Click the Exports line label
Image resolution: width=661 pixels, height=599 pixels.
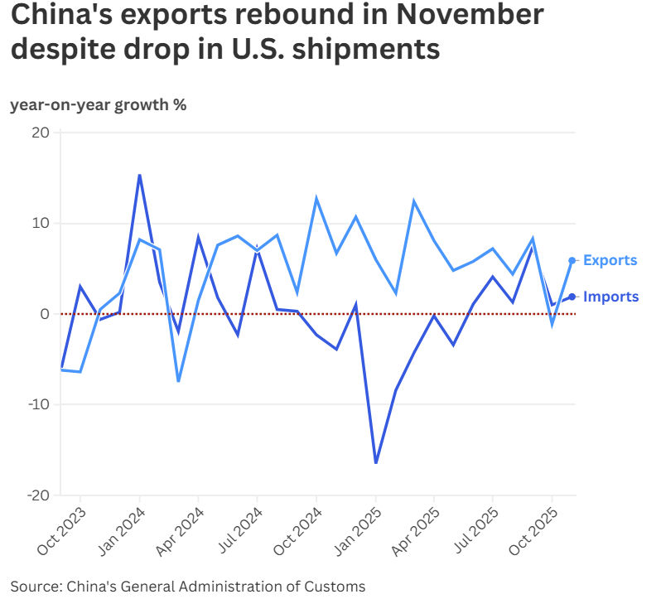610,260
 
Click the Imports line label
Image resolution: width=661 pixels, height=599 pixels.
610,297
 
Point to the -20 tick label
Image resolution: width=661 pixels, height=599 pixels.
39,495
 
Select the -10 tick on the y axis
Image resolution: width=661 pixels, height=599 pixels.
39,404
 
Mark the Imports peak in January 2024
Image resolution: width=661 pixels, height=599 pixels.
139,175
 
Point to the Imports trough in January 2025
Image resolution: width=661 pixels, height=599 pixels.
376,462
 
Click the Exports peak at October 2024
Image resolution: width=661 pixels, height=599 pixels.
316,198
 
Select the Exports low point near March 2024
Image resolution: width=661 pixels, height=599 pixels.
178,381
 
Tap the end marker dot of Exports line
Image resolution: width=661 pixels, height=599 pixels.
572,260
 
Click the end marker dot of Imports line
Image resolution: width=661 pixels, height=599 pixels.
572,297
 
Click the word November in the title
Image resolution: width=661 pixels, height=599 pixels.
465,15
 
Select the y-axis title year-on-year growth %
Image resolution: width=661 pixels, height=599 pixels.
98,105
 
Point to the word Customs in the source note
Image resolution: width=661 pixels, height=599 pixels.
335,587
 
